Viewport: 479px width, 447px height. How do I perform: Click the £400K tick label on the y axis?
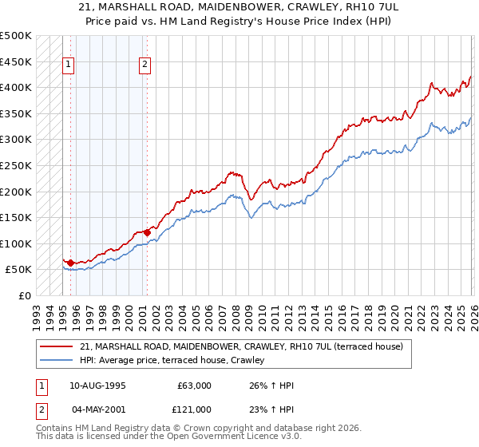[16, 87]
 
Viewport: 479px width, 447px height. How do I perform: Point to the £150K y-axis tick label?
[16, 217]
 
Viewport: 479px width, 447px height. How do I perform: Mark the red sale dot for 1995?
[70, 263]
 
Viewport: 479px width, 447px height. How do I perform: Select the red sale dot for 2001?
[146, 232]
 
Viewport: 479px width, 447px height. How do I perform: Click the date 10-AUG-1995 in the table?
[97, 386]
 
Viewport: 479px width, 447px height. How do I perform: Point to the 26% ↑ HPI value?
[272, 386]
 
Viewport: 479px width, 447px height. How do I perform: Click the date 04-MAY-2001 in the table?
[97, 409]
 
